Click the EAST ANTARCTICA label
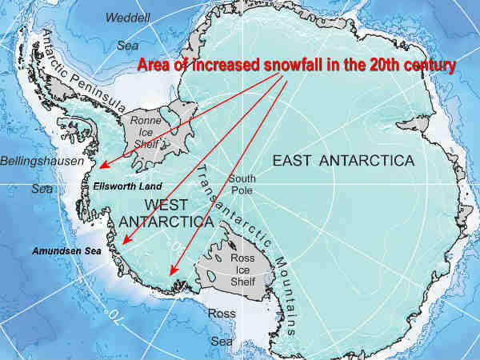point(343,161)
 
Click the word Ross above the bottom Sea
point(222,314)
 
